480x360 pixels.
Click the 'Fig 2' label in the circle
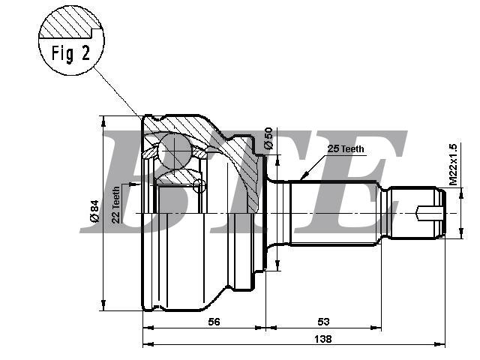pyautogui.click(x=70, y=53)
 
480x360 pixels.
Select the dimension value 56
pyautogui.click(x=214, y=322)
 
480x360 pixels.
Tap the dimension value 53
pyautogui.click(x=323, y=322)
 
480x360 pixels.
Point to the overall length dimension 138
pyautogui.click(x=323, y=339)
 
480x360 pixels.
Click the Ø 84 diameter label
pyautogui.click(x=94, y=211)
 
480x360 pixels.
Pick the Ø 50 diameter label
pyautogui.click(x=268, y=138)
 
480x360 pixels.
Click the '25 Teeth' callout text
pyautogui.click(x=346, y=148)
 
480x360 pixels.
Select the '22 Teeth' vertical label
pyautogui.click(x=116, y=205)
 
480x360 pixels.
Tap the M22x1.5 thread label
pyautogui.click(x=453, y=164)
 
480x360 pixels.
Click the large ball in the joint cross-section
pyautogui.click(x=175, y=151)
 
